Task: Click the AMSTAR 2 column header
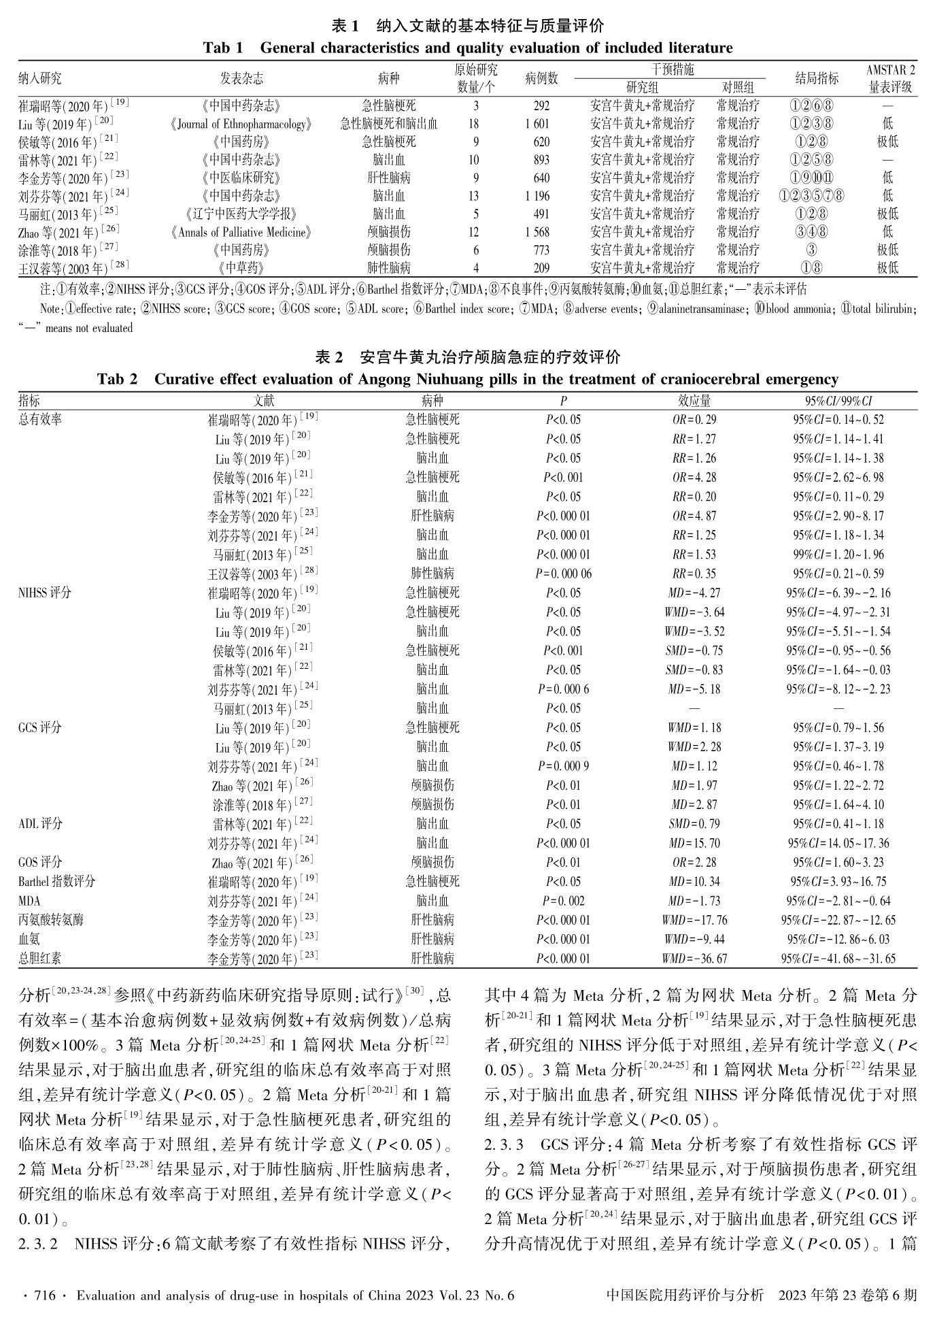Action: pyautogui.click(x=890, y=70)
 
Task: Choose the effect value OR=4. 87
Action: pyautogui.click(x=694, y=516)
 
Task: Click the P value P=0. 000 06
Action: pyautogui.click(x=563, y=574)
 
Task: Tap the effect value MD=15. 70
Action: pyautogui.click(x=694, y=843)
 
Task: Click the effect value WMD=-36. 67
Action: pyautogui.click(x=694, y=959)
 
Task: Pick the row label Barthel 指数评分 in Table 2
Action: pyautogui.click(x=56, y=882)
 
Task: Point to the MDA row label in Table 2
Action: pyautogui.click(x=29, y=901)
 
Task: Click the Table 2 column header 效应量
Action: pyautogui.click(x=694, y=400)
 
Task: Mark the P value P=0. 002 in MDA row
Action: pyautogui.click(x=563, y=901)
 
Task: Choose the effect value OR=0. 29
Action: pyautogui.click(x=694, y=420)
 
